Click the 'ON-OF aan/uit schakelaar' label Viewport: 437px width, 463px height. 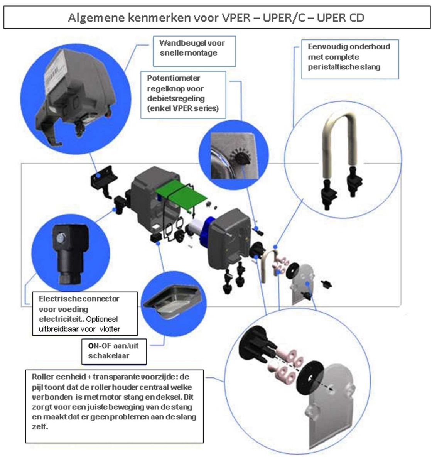tap(113, 351)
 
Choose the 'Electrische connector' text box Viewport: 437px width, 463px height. tap(79, 314)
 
